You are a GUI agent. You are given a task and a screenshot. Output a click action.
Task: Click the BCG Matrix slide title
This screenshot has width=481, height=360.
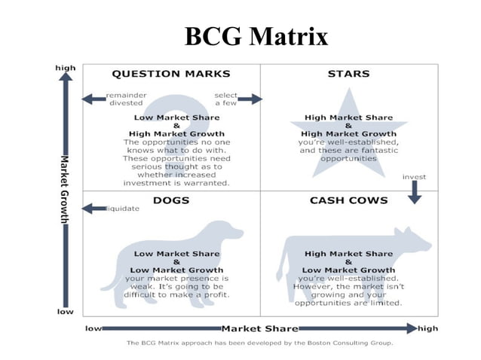click(x=256, y=36)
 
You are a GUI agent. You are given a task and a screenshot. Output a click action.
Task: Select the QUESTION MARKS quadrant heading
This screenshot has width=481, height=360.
click(x=171, y=74)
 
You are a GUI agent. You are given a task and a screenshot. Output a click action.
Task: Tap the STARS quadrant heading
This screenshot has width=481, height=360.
click(x=349, y=74)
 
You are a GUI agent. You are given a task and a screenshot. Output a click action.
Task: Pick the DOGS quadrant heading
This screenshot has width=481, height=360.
click(x=171, y=200)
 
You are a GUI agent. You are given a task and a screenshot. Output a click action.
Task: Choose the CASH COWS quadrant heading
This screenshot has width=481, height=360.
click(x=349, y=200)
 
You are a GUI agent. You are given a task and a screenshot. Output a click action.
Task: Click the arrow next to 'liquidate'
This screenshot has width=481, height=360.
click(x=94, y=209)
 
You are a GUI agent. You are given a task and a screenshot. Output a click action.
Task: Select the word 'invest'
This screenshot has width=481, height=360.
click(x=414, y=177)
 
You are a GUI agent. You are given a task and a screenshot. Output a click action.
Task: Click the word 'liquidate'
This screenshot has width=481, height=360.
click(x=124, y=209)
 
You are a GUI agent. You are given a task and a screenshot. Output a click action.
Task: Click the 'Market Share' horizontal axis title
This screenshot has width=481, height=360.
click(x=259, y=328)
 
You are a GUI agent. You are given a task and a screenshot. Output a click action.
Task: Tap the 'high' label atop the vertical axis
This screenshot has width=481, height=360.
click(x=66, y=68)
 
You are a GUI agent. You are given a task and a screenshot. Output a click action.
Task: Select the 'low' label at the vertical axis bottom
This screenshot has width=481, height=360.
click(x=65, y=310)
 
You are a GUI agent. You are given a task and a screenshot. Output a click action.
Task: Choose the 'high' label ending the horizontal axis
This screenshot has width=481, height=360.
click(x=427, y=328)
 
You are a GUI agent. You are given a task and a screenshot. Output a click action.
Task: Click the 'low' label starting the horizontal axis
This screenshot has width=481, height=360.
click(x=93, y=328)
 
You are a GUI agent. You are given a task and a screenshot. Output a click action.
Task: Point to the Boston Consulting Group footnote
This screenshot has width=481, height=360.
click(x=259, y=343)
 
